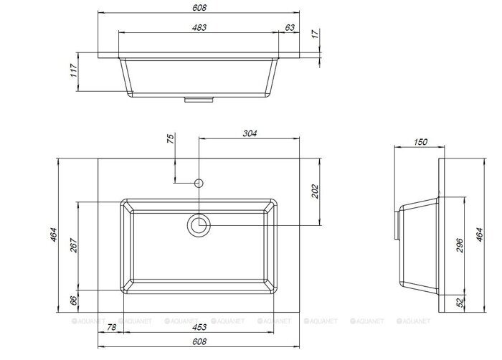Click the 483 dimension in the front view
click(199, 27)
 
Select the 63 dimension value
click(290, 27)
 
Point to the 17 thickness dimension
click(316, 34)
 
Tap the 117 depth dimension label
click(74, 70)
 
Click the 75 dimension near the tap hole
click(171, 138)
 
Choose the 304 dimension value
click(250, 133)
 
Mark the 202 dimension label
click(316, 191)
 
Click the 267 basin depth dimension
click(74, 245)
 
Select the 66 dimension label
click(74, 300)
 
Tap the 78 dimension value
click(111, 327)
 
